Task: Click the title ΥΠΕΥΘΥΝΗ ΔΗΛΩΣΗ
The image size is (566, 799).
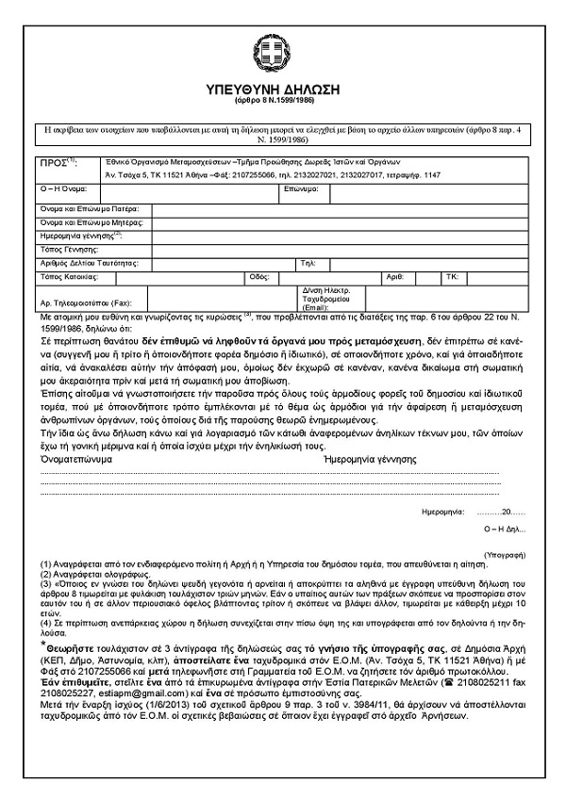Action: pos(269,90)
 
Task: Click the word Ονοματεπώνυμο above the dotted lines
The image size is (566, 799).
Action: pos(75,458)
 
